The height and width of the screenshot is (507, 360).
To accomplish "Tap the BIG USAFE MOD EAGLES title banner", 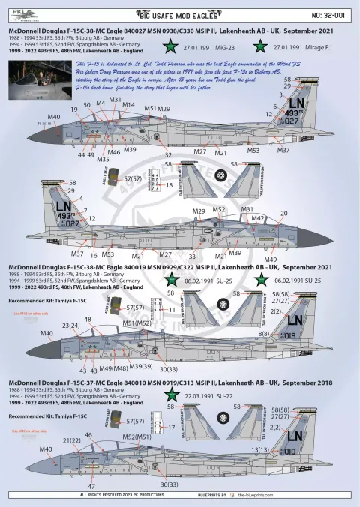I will click(x=180, y=13).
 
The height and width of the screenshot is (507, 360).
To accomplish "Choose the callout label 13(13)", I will click(x=280, y=449).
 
